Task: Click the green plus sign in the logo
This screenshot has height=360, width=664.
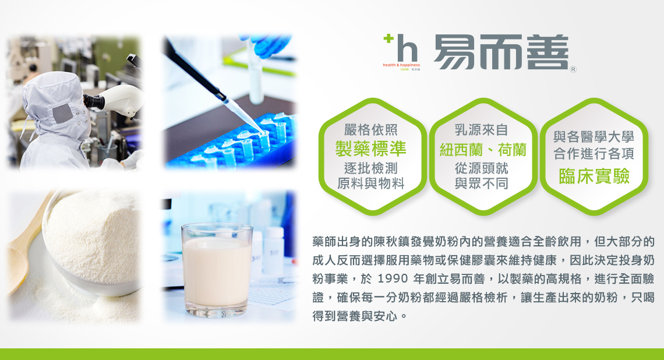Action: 388,38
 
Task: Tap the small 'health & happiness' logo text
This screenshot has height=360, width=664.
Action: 401,65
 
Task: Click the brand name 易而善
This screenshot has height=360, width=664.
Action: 500,52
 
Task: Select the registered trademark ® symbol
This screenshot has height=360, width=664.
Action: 573,69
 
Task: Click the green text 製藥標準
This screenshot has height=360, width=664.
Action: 370,149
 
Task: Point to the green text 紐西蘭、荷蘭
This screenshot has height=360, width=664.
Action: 483,150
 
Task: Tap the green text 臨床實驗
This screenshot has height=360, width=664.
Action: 594,176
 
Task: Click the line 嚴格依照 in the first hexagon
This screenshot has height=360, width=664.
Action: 370,129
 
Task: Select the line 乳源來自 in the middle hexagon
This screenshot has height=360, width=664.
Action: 481,129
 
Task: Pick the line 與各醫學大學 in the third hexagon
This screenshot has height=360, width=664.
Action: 594,136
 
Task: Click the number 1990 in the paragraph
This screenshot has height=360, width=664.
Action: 393,278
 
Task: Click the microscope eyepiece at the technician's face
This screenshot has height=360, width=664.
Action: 94,101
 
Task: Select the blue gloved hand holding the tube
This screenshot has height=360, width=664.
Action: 267,44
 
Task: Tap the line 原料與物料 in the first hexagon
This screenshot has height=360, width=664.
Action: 370,183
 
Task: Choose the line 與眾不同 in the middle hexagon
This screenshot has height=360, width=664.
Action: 481,183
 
